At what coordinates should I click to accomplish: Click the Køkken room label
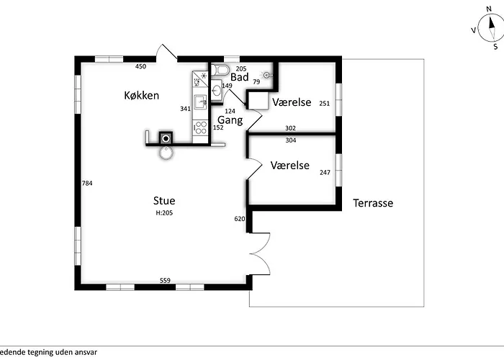point(141,96)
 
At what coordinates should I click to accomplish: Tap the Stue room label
point(164,201)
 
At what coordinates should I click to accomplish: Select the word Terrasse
point(373,203)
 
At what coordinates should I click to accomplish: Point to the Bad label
point(240,77)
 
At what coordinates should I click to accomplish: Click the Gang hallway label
point(230,120)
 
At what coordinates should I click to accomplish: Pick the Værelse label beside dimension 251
point(292,102)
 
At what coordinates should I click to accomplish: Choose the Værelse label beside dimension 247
point(289,165)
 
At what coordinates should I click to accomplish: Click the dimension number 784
point(87,183)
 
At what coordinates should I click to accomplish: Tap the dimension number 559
point(165,281)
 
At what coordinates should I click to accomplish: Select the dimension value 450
point(140,66)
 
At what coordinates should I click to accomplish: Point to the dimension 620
point(240,219)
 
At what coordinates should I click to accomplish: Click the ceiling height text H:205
point(164,213)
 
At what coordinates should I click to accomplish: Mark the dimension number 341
point(185,109)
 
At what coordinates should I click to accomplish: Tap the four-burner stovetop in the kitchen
point(201,127)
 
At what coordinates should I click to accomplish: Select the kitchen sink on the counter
point(201,102)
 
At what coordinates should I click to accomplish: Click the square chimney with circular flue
point(166,138)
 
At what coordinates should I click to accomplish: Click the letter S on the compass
point(495,47)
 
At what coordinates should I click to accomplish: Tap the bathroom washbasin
point(217,90)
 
